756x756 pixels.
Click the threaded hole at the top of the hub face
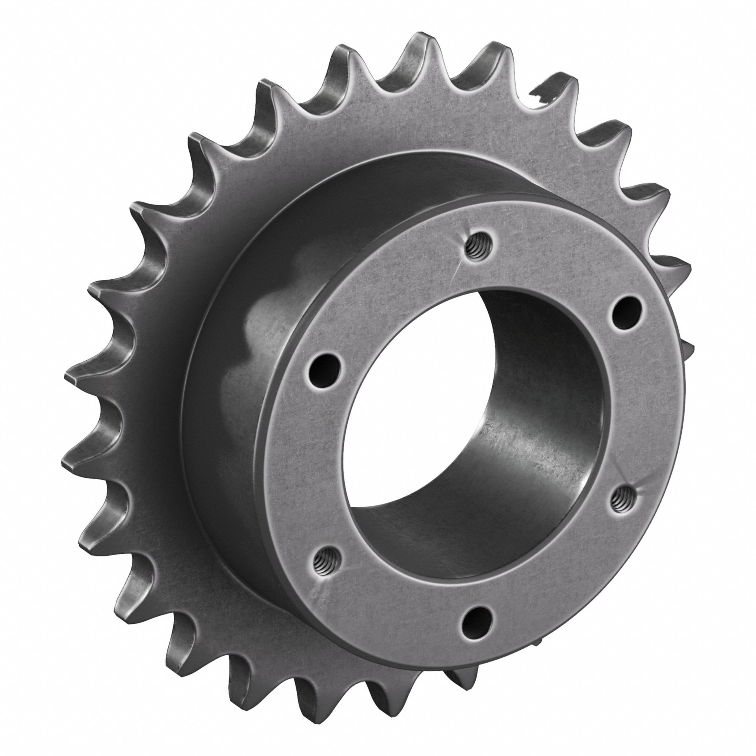coord(476,249)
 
